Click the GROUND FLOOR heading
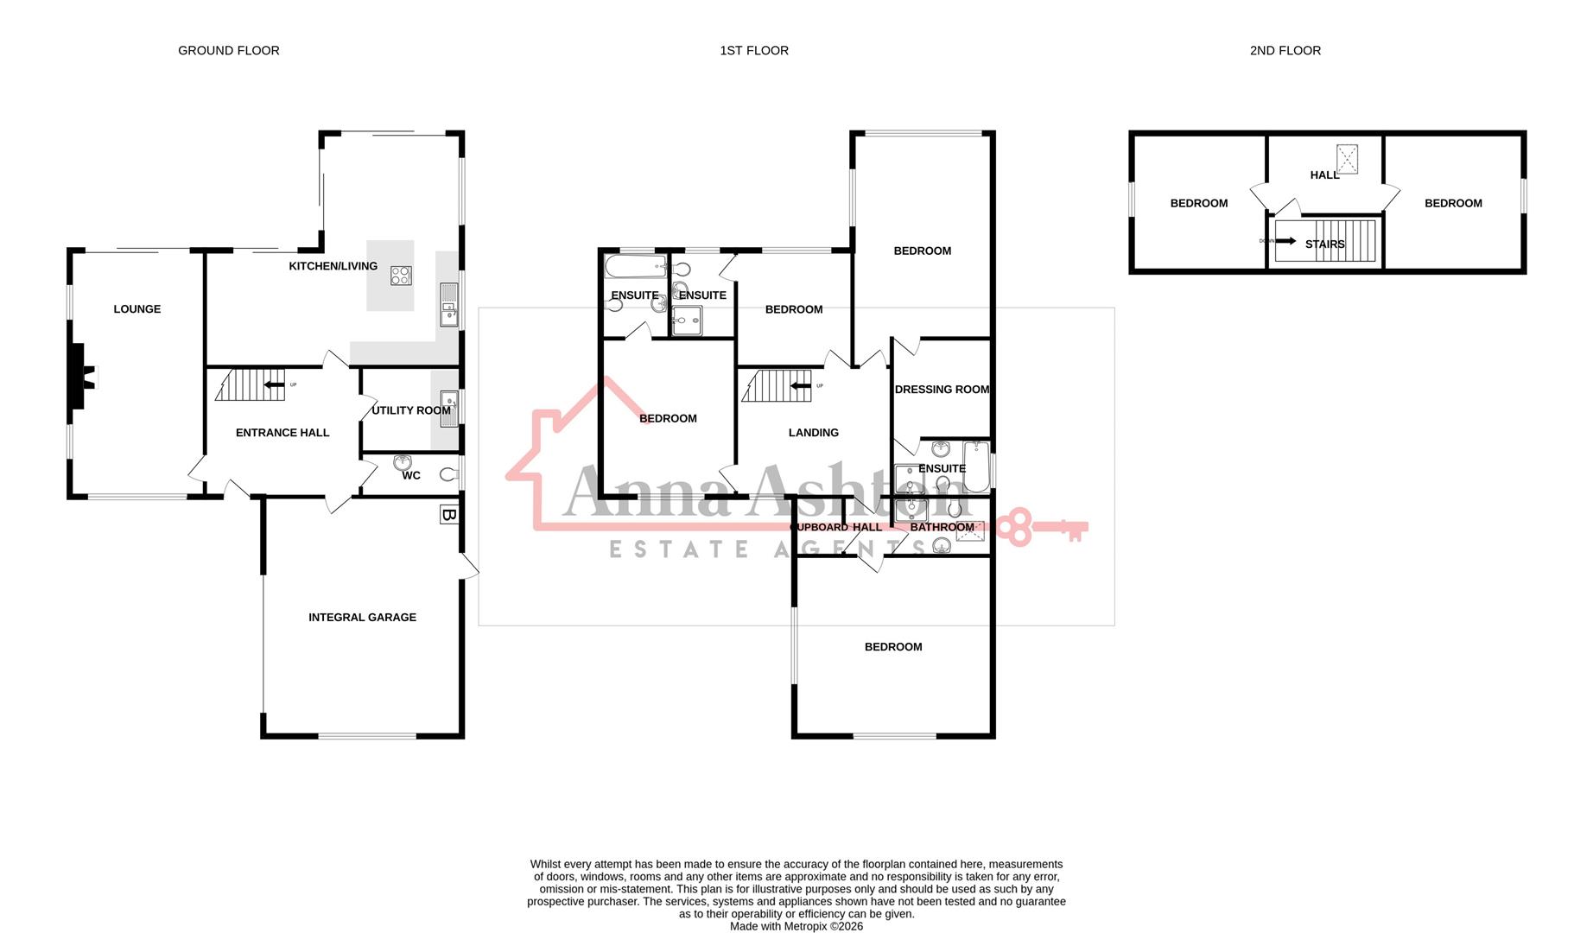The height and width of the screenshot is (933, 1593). point(228,50)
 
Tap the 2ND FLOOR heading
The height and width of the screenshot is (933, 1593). point(1285,50)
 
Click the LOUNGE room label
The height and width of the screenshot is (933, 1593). point(136,308)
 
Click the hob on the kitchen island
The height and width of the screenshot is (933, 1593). point(401,276)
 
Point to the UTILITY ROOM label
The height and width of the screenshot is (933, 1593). point(410,410)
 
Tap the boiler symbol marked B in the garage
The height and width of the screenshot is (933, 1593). point(448,515)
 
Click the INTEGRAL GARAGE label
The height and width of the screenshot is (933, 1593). point(362,617)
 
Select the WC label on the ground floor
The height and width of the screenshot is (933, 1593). point(411,475)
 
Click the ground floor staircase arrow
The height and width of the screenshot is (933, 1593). point(274,385)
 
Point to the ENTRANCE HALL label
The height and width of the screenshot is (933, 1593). point(282,432)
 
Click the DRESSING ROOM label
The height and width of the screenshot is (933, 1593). point(942,390)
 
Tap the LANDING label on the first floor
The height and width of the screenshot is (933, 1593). point(813,432)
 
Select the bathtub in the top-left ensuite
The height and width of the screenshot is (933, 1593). point(636,266)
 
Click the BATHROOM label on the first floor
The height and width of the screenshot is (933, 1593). point(942,527)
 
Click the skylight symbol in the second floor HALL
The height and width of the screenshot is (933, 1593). point(1347,159)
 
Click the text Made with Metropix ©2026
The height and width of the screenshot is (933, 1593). point(796,926)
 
